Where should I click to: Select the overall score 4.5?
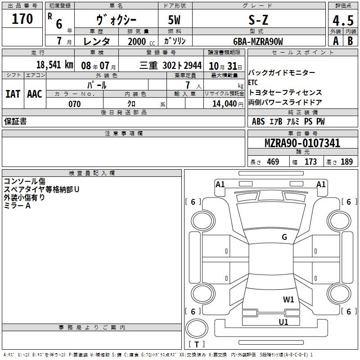[x=343, y=21]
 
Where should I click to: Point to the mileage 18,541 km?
[x=54, y=64]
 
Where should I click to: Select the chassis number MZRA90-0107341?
[x=302, y=144]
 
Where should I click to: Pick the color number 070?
[x=74, y=104]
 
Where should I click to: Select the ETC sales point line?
[x=253, y=82]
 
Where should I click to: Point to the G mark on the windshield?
[x=284, y=237]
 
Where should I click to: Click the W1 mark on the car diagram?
[x=288, y=299]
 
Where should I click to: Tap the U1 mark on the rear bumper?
[x=283, y=322]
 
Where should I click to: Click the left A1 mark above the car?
[x=220, y=184]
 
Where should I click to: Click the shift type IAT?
[x=13, y=94]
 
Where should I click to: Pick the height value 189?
[x=346, y=162]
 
